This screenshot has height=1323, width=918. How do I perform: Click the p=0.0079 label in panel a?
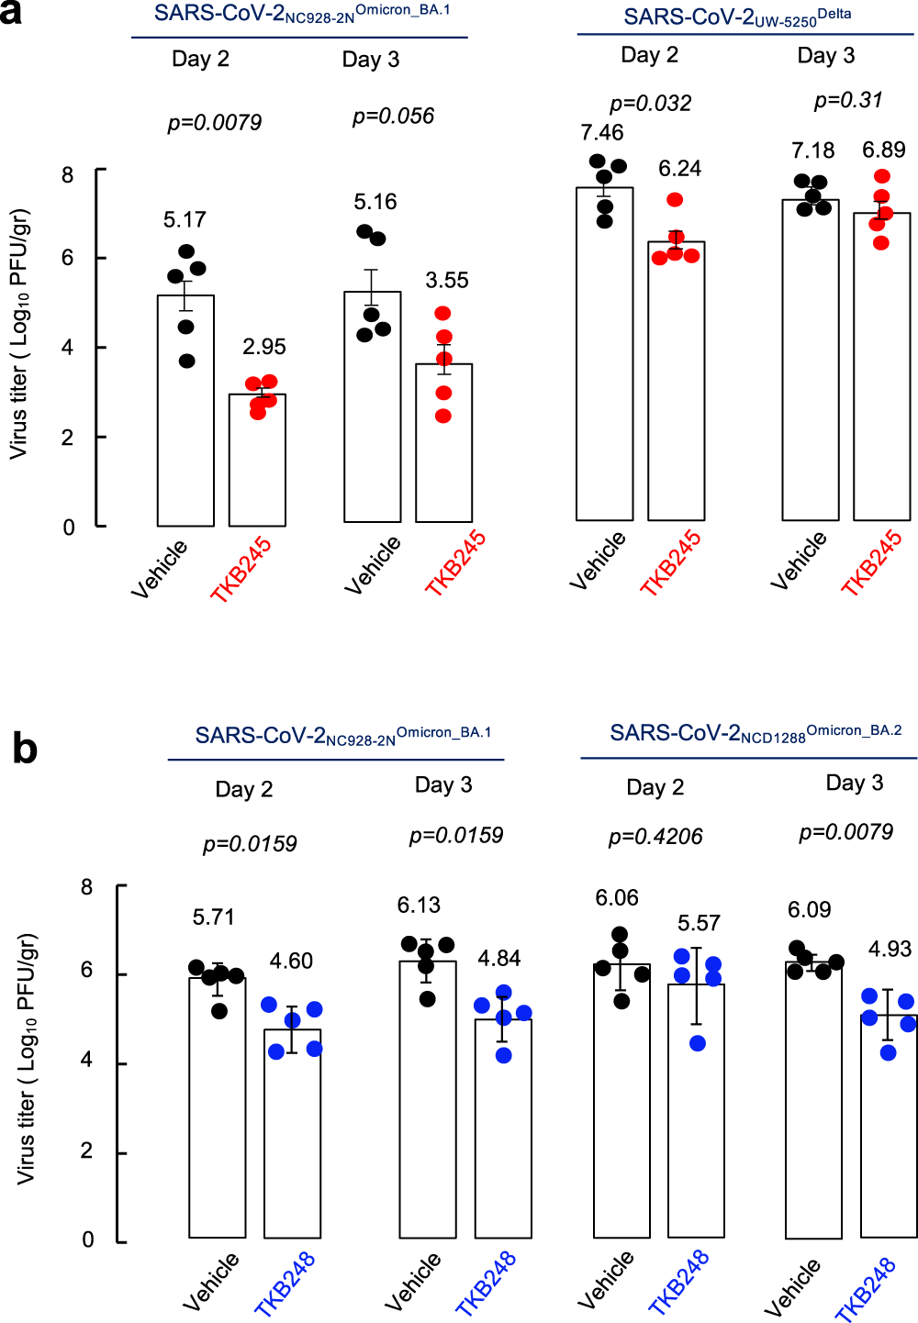click(214, 122)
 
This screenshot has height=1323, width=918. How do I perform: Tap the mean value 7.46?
click(602, 133)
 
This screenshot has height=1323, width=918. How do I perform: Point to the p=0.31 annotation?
click(848, 100)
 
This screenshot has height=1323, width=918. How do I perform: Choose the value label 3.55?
click(447, 281)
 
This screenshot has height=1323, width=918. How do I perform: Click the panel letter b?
click(25, 749)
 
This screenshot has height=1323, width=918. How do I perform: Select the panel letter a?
click(11, 15)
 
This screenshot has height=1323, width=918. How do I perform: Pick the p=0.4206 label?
click(655, 837)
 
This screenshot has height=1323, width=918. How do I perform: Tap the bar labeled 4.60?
click(292, 1134)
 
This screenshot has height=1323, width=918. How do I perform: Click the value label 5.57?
click(699, 923)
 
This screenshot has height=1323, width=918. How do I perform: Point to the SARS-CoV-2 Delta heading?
click(737, 17)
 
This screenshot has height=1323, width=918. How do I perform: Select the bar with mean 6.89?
click(882, 367)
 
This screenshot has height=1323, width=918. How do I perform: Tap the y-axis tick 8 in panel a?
click(68, 174)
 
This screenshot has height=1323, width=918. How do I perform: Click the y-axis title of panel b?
click(28, 1058)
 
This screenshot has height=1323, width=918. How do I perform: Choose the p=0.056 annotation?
click(393, 117)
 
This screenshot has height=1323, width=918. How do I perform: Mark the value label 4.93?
click(890, 949)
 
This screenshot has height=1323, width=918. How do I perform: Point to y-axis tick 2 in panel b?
click(87, 1151)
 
